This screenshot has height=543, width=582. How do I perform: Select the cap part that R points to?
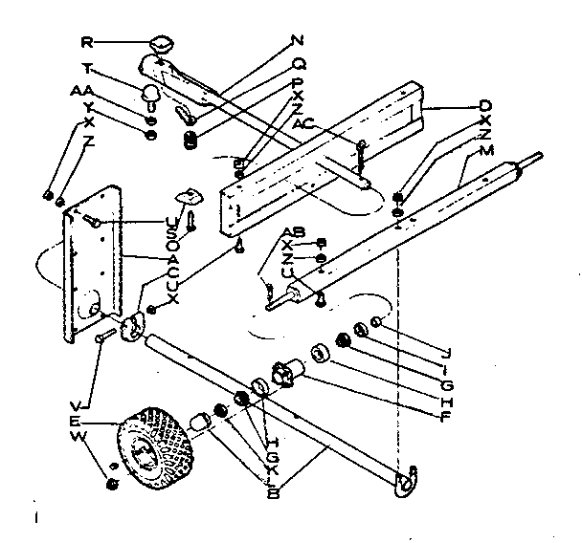point(161,43)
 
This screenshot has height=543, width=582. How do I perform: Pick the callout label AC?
point(303,124)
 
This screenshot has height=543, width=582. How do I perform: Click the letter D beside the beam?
point(485,104)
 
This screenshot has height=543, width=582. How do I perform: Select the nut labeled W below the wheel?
point(112,484)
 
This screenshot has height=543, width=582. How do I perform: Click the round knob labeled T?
point(150,94)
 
